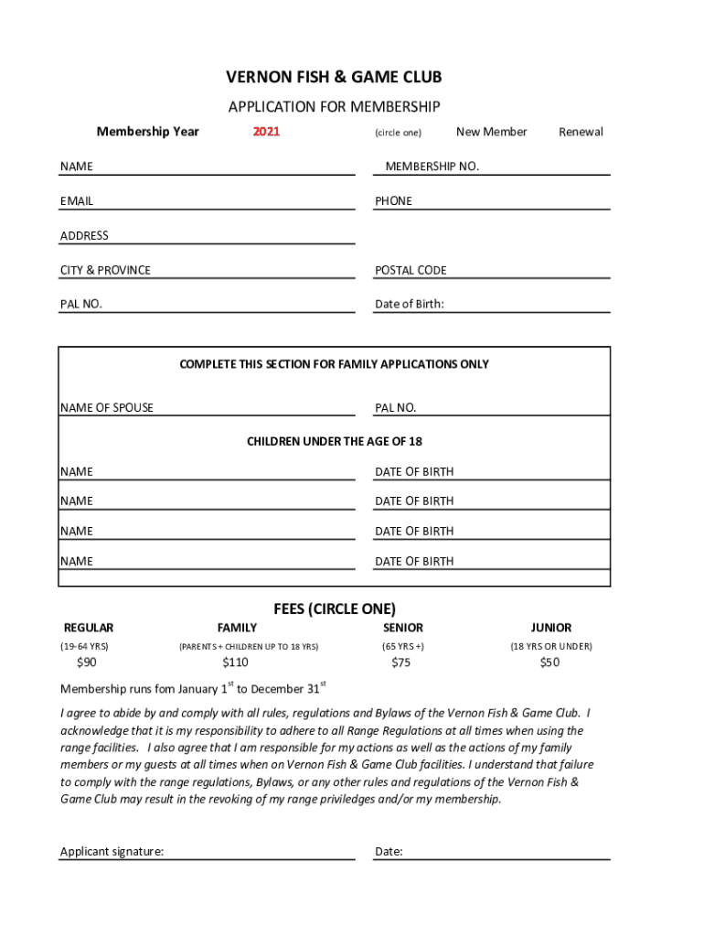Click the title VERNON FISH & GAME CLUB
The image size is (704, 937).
click(x=334, y=78)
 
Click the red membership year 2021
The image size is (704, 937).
click(x=266, y=132)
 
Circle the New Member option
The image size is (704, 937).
click(x=491, y=132)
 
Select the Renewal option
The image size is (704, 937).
click(x=581, y=132)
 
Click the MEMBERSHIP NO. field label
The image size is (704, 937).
click(x=432, y=167)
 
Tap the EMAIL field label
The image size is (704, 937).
click(x=77, y=201)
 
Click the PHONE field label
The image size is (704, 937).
click(x=393, y=201)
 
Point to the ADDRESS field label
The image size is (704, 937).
click(x=84, y=236)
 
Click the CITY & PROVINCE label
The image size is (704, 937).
click(x=105, y=271)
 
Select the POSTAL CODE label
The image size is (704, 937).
click(x=411, y=271)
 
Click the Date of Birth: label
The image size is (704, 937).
click(x=409, y=305)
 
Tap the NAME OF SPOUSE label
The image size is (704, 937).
click(x=107, y=408)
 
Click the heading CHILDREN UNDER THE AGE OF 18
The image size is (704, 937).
click(x=334, y=442)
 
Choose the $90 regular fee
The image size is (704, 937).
click(x=87, y=662)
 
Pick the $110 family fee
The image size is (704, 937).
click(x=235, y=662)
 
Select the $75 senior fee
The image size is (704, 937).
click(x=400, y=662)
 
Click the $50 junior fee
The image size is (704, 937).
click(x=549, y=662)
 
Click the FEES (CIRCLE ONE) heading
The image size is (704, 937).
click(x=334, y=609)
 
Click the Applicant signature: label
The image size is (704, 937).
click(x=112, y=852)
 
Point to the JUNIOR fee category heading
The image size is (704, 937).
click(x=550, y=628)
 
